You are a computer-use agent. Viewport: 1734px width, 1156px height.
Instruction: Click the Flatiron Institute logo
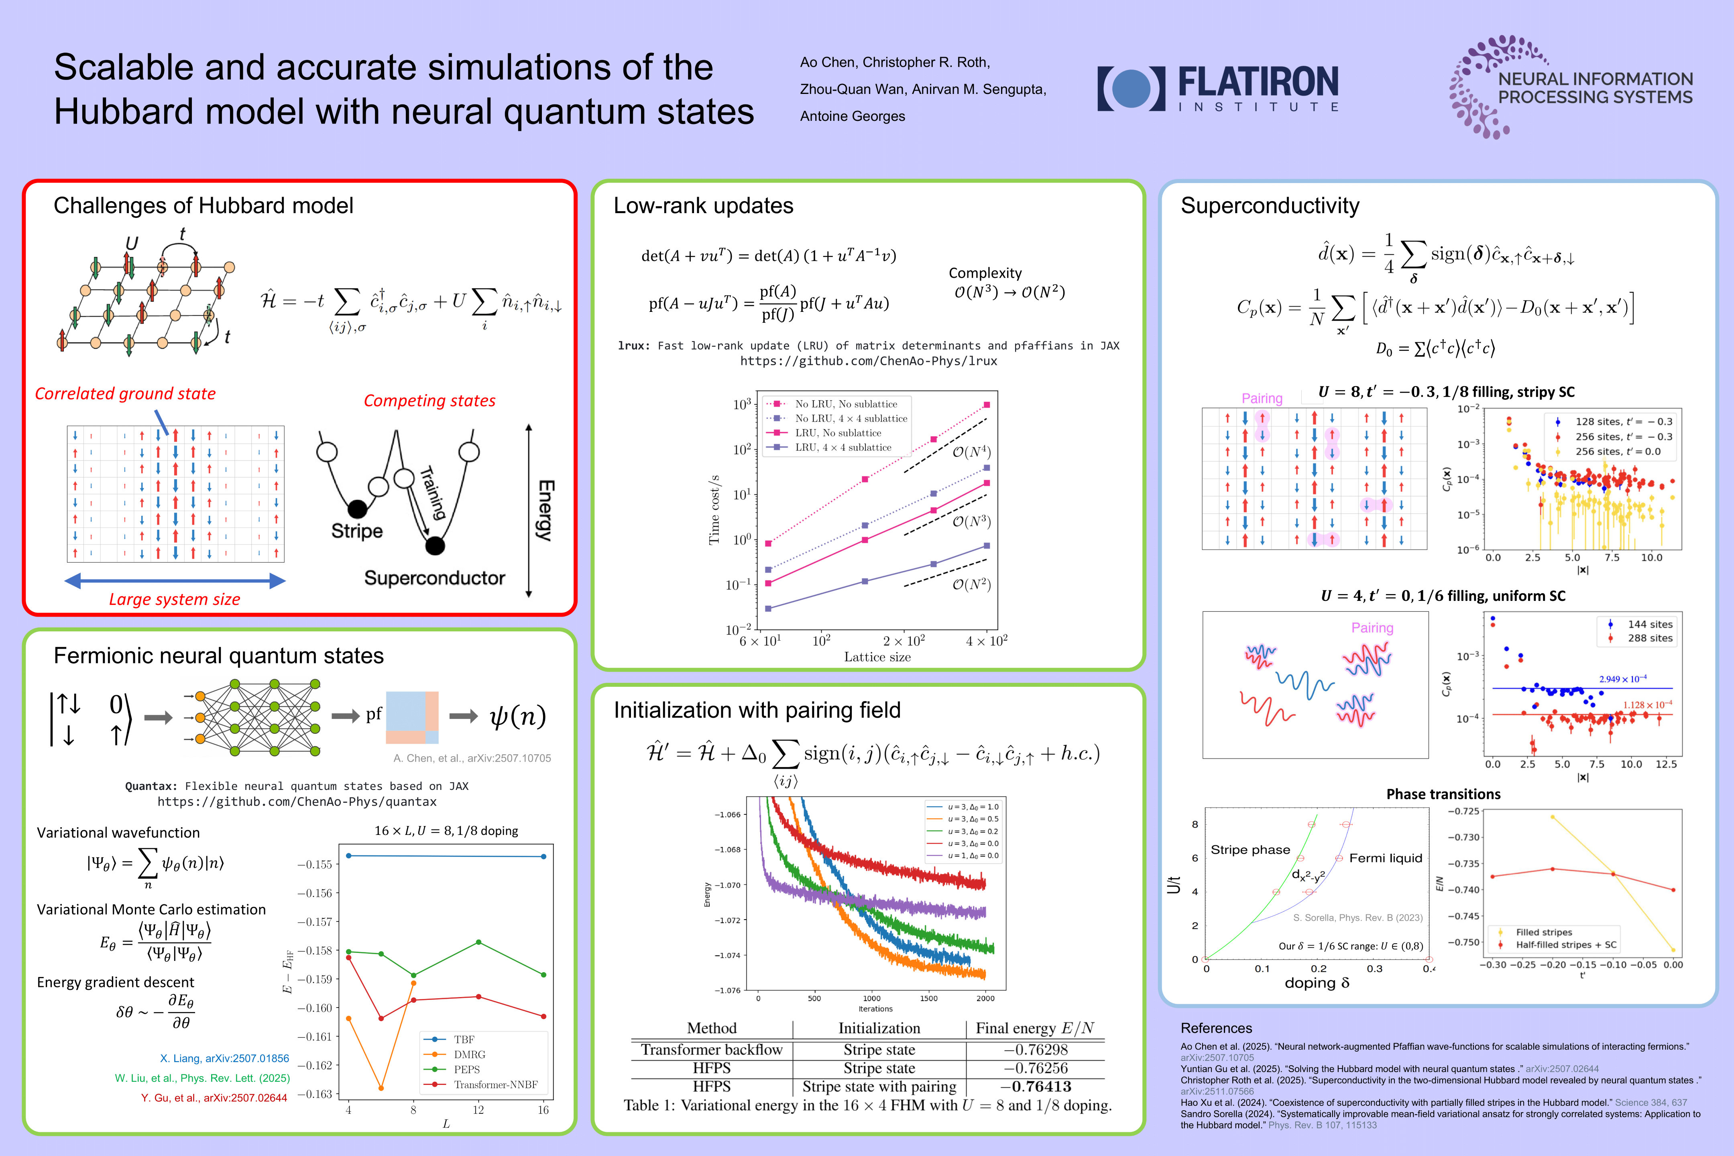click(1218, 88)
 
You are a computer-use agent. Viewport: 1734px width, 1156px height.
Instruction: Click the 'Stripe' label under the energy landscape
click(357, 531)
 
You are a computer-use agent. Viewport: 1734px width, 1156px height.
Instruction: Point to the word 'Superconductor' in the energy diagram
click(434, 578)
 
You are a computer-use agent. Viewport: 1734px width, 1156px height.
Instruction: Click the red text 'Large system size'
click(175, 599)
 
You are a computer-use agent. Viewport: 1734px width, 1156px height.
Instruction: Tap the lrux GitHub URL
click(869, 361)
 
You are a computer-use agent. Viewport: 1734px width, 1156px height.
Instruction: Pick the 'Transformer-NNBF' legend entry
click(495, 1085)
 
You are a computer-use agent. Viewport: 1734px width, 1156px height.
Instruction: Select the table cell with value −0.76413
click(1036, 1086)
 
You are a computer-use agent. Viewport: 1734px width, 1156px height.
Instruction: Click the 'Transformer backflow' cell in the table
click(711, 1050)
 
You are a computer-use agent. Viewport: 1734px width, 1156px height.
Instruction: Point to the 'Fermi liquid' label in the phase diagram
click(1385, 858)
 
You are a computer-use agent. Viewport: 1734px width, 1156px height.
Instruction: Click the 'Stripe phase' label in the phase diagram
click(1250, 850)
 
